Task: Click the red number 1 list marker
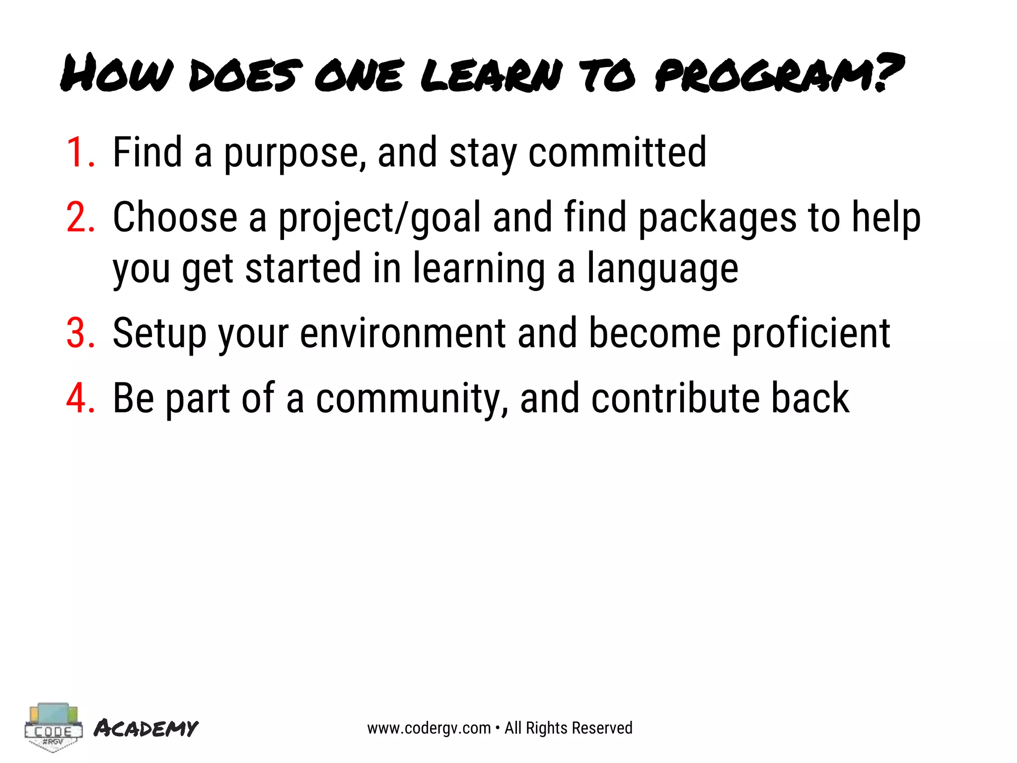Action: pos(79,153)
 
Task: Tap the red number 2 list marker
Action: pos(80,218)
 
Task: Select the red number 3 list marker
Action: pos(80,333)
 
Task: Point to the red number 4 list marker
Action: pos(80,398)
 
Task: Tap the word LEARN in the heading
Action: pos(492,76)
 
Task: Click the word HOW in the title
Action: pos(117,75)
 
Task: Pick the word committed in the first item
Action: pos(617,153)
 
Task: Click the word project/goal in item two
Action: pos(379,219)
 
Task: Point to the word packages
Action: pos(718,219)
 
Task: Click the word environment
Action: pos(403,333)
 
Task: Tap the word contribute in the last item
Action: pos(675,398)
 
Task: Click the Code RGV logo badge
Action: pos(53,727)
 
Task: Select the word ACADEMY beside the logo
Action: pos(146,728)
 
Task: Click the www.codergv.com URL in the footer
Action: pos(429,728)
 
